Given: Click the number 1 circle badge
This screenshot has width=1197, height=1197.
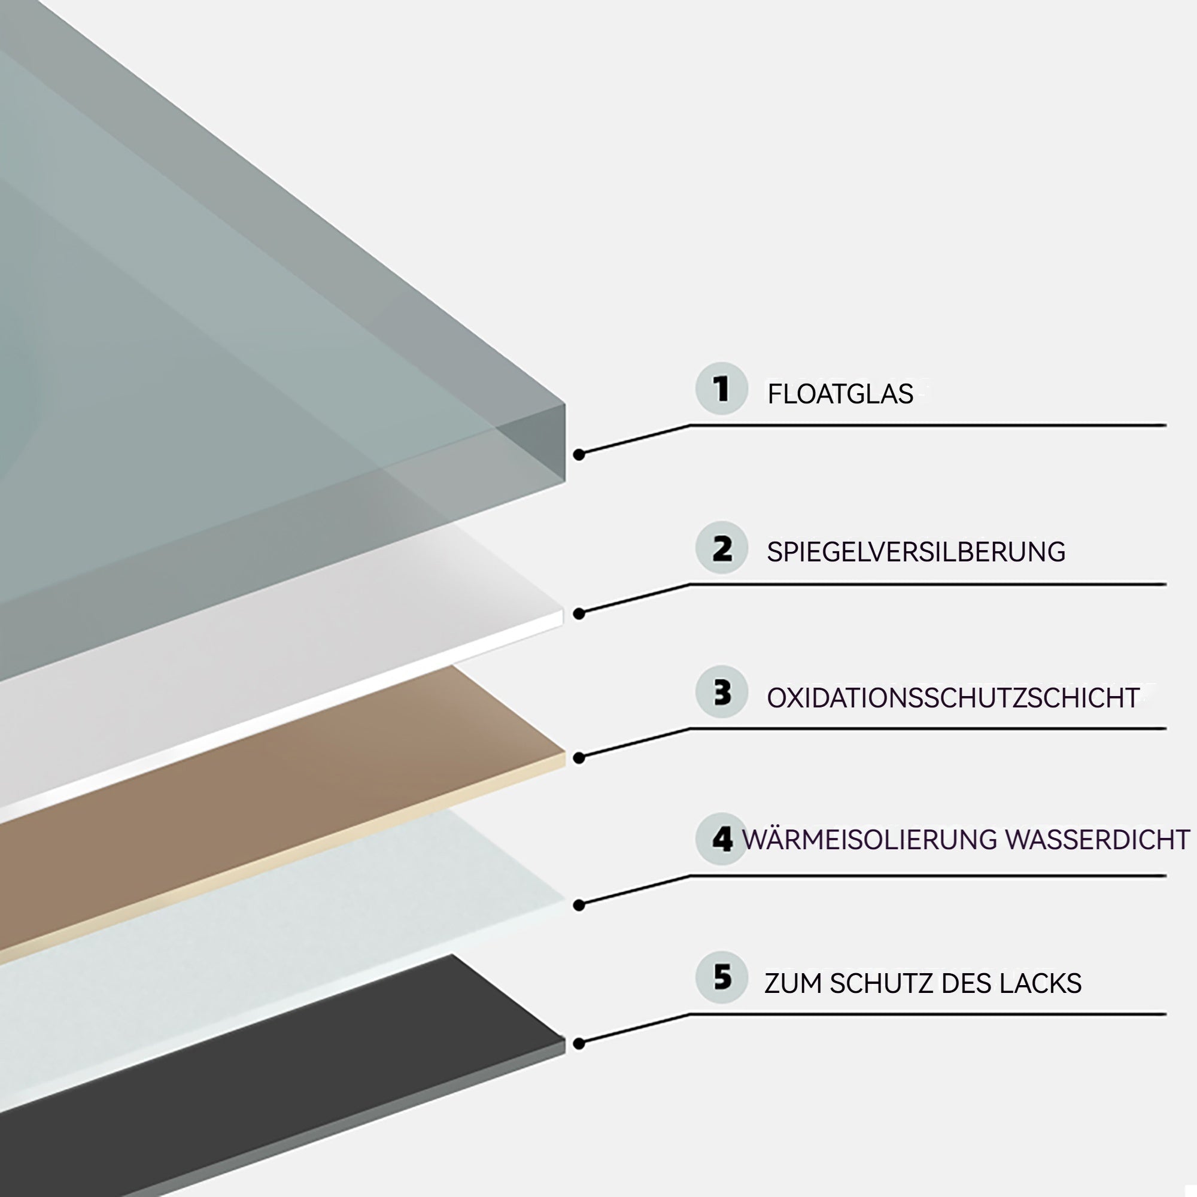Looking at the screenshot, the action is coord(722,388).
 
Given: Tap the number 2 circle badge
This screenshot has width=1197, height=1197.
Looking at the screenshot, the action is coord(722,548).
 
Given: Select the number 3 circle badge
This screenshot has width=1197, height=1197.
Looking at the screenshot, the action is coord(722,692).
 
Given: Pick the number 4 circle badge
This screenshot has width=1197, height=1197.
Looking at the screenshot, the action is coord(722,839).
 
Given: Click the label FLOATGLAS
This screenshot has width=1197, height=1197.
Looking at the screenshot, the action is coord(840,394).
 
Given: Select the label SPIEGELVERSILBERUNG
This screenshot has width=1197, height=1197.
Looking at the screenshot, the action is coord(916,552).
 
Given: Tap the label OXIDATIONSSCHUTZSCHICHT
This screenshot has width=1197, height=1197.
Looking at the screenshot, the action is coord(953,698).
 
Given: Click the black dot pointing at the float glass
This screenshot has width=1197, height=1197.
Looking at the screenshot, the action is coord(579,455).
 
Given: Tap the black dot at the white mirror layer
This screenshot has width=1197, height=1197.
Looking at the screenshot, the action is coord(579,613).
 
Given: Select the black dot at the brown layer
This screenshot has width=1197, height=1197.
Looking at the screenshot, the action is coord(579,758).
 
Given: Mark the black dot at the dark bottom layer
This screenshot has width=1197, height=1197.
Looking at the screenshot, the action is coord(579,1044).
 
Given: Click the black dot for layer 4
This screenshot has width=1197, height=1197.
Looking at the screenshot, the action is coord(579,905).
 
